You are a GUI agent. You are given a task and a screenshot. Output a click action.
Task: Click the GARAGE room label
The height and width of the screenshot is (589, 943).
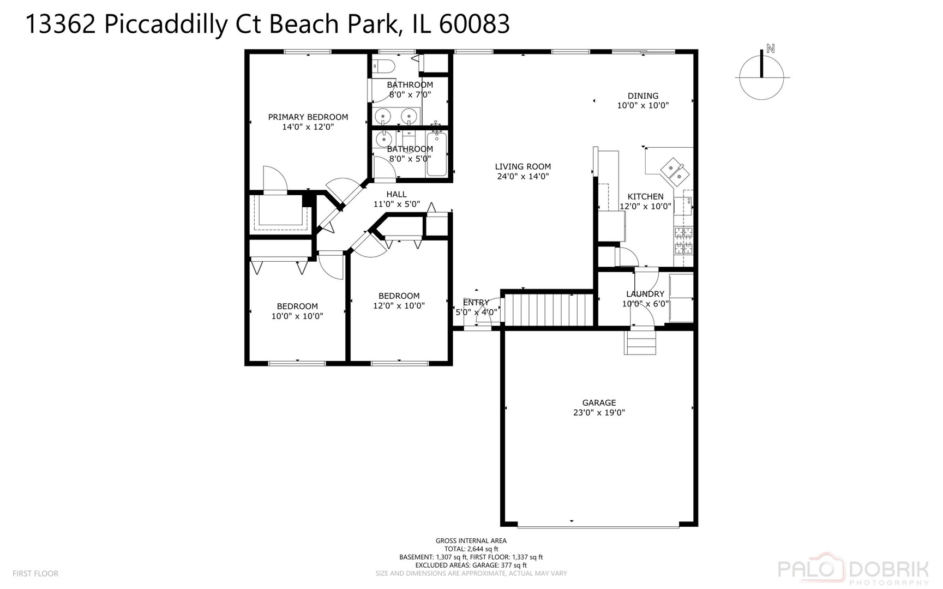click(x=598, y=403)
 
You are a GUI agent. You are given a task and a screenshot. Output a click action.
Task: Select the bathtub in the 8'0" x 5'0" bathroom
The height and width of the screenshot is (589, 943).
click(x=437, y=154)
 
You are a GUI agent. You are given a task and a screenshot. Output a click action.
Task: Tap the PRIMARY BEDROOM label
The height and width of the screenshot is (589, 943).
click(x=308, y=117)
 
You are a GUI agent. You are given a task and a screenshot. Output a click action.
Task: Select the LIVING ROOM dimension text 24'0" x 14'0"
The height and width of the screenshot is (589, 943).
click(x=522, y=176)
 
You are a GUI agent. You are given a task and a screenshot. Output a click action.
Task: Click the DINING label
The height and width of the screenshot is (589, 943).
click(x=642, y=95)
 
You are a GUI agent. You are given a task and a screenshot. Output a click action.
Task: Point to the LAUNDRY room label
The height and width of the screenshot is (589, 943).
click(x=645, y=294)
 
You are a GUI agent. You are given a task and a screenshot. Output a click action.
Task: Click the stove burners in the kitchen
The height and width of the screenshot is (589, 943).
click(x=684, y=241)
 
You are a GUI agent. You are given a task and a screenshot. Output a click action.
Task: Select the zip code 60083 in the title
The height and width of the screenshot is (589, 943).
click(x=474, y=24)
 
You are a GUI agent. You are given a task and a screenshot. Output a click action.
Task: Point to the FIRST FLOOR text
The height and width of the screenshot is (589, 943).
click(x=35, y=573)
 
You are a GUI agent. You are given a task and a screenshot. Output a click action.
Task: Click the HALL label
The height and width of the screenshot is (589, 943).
click(x=396, y=194)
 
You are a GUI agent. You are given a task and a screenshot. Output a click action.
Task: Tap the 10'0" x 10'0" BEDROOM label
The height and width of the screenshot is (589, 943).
click(x=297, y=306)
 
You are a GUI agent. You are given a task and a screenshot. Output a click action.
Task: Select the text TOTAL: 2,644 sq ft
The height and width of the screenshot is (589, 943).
click(x=471, y=549)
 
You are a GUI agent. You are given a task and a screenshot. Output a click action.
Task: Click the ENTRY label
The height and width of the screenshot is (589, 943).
click(x=476, y=303)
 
